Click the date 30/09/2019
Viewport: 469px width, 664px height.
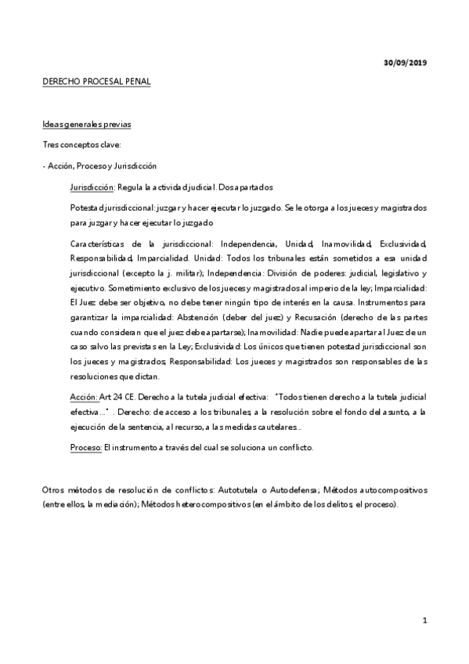point(406,62)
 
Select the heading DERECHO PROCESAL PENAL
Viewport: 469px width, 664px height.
point(96,81)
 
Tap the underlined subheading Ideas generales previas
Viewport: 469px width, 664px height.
point(87,125)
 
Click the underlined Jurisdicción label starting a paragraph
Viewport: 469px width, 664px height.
point(92,187)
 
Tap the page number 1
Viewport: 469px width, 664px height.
point(424,621)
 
